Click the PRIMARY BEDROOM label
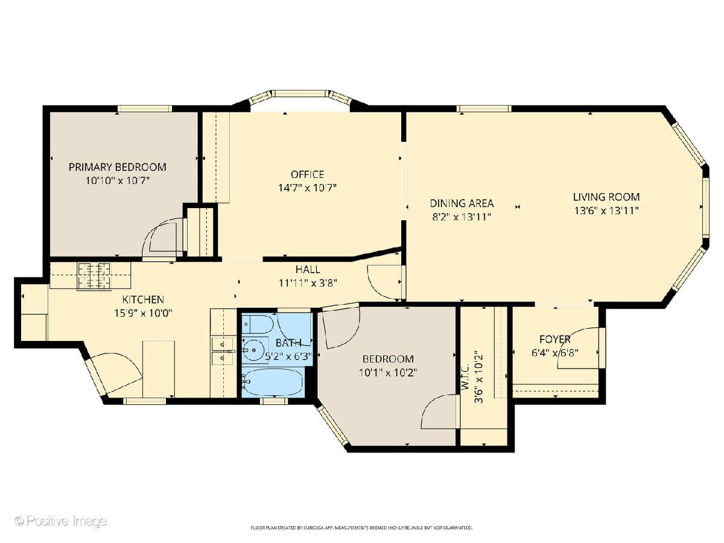117,167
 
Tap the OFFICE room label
307,174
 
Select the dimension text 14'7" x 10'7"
307,188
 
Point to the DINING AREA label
462,203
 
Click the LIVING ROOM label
606,197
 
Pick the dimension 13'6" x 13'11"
606,211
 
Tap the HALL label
308,269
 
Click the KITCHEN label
143,299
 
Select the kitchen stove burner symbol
94,276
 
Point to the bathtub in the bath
272,382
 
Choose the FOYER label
555,339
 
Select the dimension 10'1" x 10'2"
388,372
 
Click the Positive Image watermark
61,521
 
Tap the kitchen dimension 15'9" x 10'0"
143,313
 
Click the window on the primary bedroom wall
145,109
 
